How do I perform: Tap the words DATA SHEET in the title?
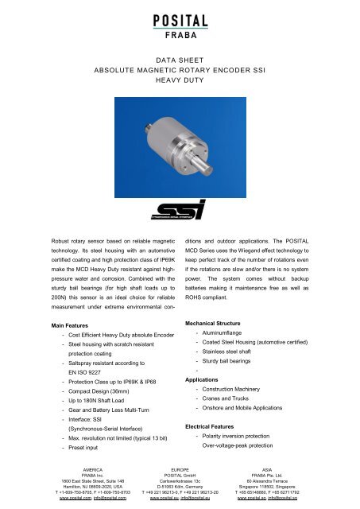click(x=179, y=59)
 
